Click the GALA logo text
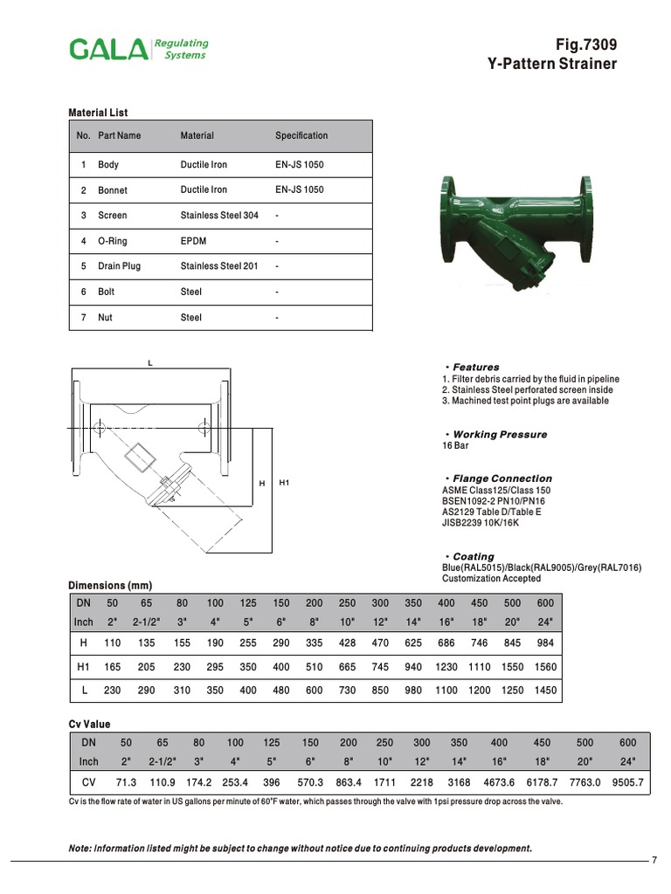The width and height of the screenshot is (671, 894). (x=108, y=49)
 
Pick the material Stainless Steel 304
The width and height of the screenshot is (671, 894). (x=219, y=215)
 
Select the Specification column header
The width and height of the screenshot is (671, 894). (x=301, y=135)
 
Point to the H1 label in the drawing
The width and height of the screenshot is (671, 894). (x=284, y=483)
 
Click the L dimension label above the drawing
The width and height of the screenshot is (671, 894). (x=150, y=362)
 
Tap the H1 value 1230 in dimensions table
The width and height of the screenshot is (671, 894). (x=446, y=667)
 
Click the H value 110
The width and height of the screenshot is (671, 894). (x=111, y=643)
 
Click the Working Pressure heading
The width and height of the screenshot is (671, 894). (x=500, y=434)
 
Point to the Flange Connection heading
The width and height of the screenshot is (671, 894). (x=502, y=478)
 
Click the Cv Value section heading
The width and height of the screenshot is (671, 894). (x=89, y=724)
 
